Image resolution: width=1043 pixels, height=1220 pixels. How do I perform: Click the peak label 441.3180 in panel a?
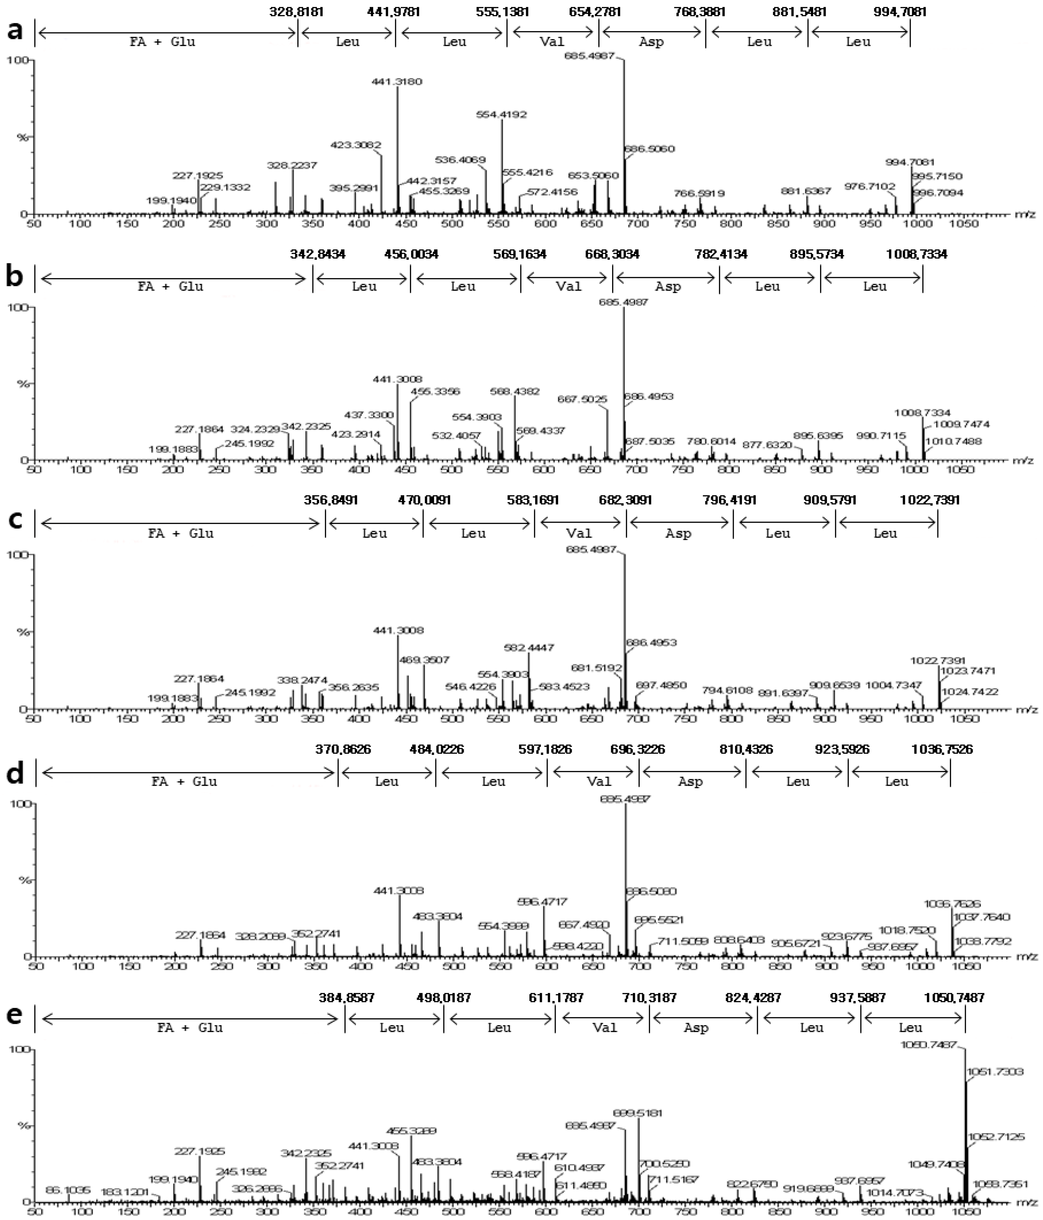397,81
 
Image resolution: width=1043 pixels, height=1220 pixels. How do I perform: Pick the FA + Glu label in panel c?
181,533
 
